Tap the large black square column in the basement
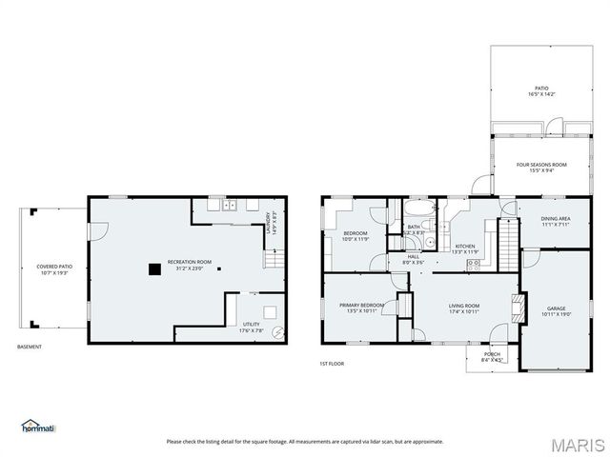click(153, 269)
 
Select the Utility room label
click(251, 327)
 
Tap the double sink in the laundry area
click(229, 205)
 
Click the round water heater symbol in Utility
click(277, 332)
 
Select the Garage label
click(556, 311)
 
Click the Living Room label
click(464, 308)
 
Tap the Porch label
click(492, 356)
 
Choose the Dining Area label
click(556, 221)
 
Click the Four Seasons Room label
click(535, 168)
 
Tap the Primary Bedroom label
click(361, 308)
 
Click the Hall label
click(413, 258)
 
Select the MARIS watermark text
click(575, 445)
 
